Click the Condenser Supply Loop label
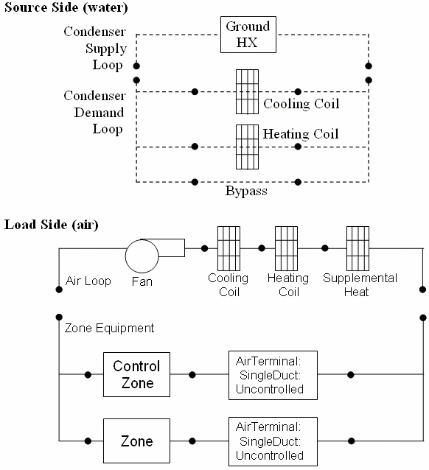point(94,49)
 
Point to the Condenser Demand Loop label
point(93,113)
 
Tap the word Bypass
point(246,192)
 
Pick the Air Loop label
point(88,281)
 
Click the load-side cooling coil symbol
point(229,249)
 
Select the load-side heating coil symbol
point(285,249)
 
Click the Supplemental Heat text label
point(360,285)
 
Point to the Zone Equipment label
point(109,327)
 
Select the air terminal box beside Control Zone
point(270,375)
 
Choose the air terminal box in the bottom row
point(270,441)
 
